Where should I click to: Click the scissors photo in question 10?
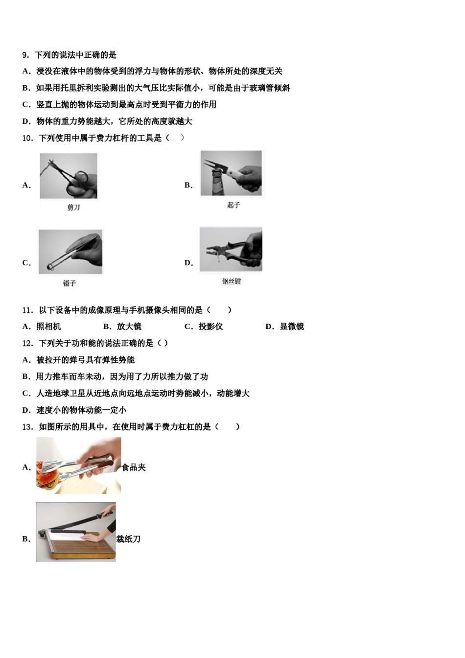point(69,176)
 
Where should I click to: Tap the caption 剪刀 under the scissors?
point(73,208)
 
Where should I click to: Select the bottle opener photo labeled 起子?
point(232,173)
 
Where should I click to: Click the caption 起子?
point(233,205)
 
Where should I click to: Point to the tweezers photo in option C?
point(70,252)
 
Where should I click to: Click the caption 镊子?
point(70,283)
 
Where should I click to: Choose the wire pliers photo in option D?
point(231,249)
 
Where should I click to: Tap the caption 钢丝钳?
point(232,281)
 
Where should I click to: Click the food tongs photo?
point(78,465)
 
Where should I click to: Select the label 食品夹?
point(134,468)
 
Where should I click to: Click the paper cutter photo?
point(76,532)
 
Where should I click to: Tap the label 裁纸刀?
point(128,539)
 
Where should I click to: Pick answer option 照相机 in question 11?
point(48,327)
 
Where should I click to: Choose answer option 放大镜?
point(129,327)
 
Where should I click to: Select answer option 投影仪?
point(210,327)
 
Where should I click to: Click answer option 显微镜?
point(292,327)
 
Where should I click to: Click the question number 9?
point(26,55)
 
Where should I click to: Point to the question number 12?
point(27,343)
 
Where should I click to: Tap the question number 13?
point(27,427)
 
